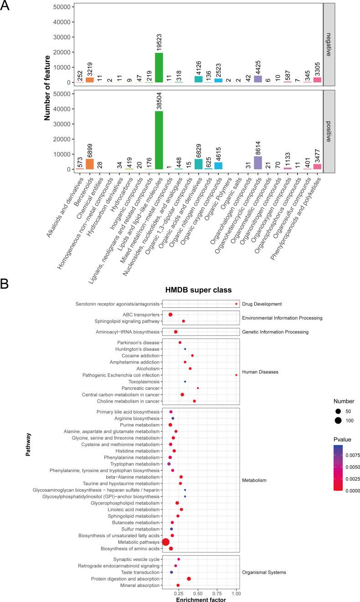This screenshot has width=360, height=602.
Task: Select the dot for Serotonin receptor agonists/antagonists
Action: point(236,304)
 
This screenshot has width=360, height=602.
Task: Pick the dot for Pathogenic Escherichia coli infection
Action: point(236,375)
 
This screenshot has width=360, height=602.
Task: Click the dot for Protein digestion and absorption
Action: point(189,579)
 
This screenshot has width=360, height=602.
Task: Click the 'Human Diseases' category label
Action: point(261,372)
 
